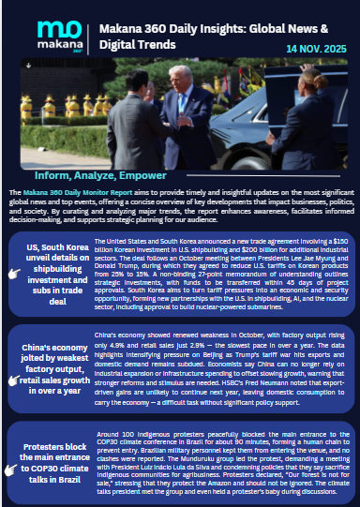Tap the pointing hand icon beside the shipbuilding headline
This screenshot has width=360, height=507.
tap(13, 273)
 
